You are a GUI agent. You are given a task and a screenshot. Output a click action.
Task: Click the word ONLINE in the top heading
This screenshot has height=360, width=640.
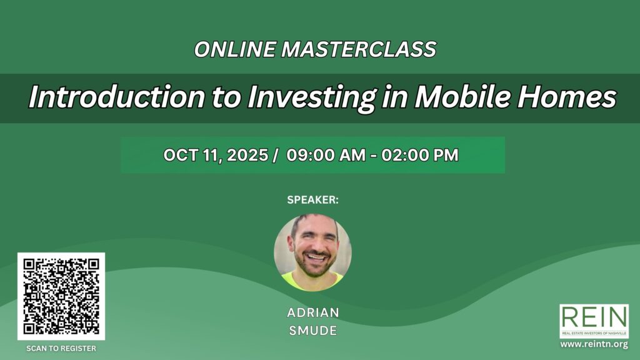pyautogui.click(x=235, y=49)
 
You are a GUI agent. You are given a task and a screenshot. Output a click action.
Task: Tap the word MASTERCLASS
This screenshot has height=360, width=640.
pyautogui.click(x=359, y=49)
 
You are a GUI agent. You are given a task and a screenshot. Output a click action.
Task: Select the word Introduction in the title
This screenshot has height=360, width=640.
pyautogui.click(x=117, y=97)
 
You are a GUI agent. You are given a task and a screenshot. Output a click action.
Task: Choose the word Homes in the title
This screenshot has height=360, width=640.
pyautogui.click(x=566, y=97)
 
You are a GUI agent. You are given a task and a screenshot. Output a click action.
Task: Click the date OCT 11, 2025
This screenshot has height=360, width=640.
pyautogui.click(x=216, y=155)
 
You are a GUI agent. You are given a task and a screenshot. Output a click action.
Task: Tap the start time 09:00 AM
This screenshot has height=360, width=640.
pyautogui.click(x=326, y=155)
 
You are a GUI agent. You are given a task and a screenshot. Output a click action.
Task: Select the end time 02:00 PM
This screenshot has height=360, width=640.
pyautogui.click(x=420, y=155)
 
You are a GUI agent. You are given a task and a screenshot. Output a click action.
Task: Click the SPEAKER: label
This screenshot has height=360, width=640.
pyautogui.click(x=312, y=199)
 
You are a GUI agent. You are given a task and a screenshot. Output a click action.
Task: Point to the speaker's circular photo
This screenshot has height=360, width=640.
pyautogui.click(x=312, y=252)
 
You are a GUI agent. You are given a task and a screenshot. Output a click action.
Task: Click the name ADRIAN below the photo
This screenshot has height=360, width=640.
pyautogui.click(x=313, y=312)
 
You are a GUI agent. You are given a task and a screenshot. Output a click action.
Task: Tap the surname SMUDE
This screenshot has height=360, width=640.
pyautogui.click(x=313, y=330)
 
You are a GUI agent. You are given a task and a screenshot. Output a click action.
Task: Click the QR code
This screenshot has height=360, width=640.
pyautogui.click(x=61, y=296)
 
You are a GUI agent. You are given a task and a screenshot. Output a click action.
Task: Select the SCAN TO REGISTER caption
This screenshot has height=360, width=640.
pyautogui.click(x=61, y=349)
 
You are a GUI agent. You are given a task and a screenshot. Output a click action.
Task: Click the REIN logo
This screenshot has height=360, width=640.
pyautogui.click(x=594, y=321)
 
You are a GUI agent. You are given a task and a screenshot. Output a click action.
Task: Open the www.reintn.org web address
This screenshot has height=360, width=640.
pyautogui.click(x=594, y=344)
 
